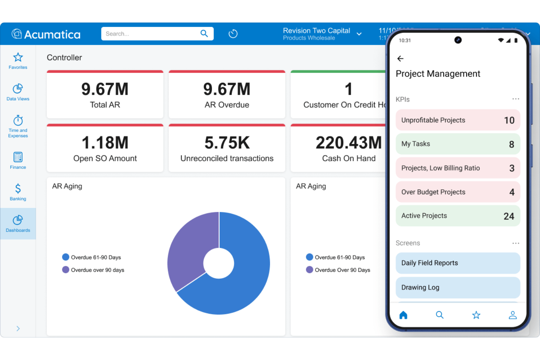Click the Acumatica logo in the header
pos(46,34)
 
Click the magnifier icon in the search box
pos(204,34)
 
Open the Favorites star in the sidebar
pos(18,58)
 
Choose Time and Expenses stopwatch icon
pos(18,120)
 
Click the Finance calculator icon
pos(18,157)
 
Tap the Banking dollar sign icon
pos(18,189)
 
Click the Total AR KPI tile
pos(105,95)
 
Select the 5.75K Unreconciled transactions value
pos(227,143)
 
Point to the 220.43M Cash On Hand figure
pos(348,143)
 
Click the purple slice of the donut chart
pos(190,248)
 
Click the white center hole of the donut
pos(219,263)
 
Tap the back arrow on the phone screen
pos(400,59)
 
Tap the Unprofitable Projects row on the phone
pos(458,120)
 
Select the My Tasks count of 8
pos(512,144)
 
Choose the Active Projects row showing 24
pos(458,216)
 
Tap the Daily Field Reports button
pos(458,263)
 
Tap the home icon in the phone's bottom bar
pos(403,315)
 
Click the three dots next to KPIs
pos(515,99)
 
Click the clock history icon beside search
pos(233,34)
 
